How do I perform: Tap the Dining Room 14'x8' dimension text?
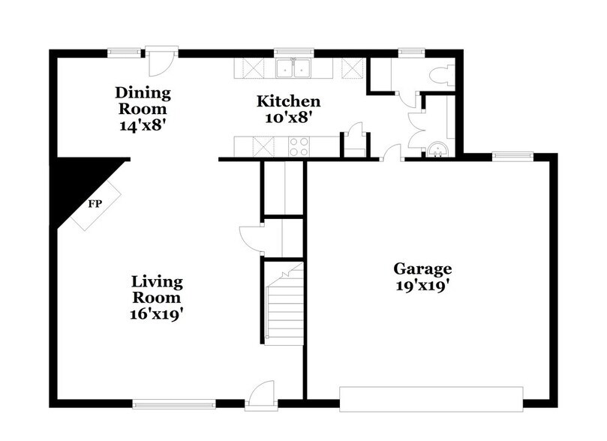143,125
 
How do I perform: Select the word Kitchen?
289,101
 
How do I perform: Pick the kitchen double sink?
293,69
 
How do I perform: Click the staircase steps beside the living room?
284,307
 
